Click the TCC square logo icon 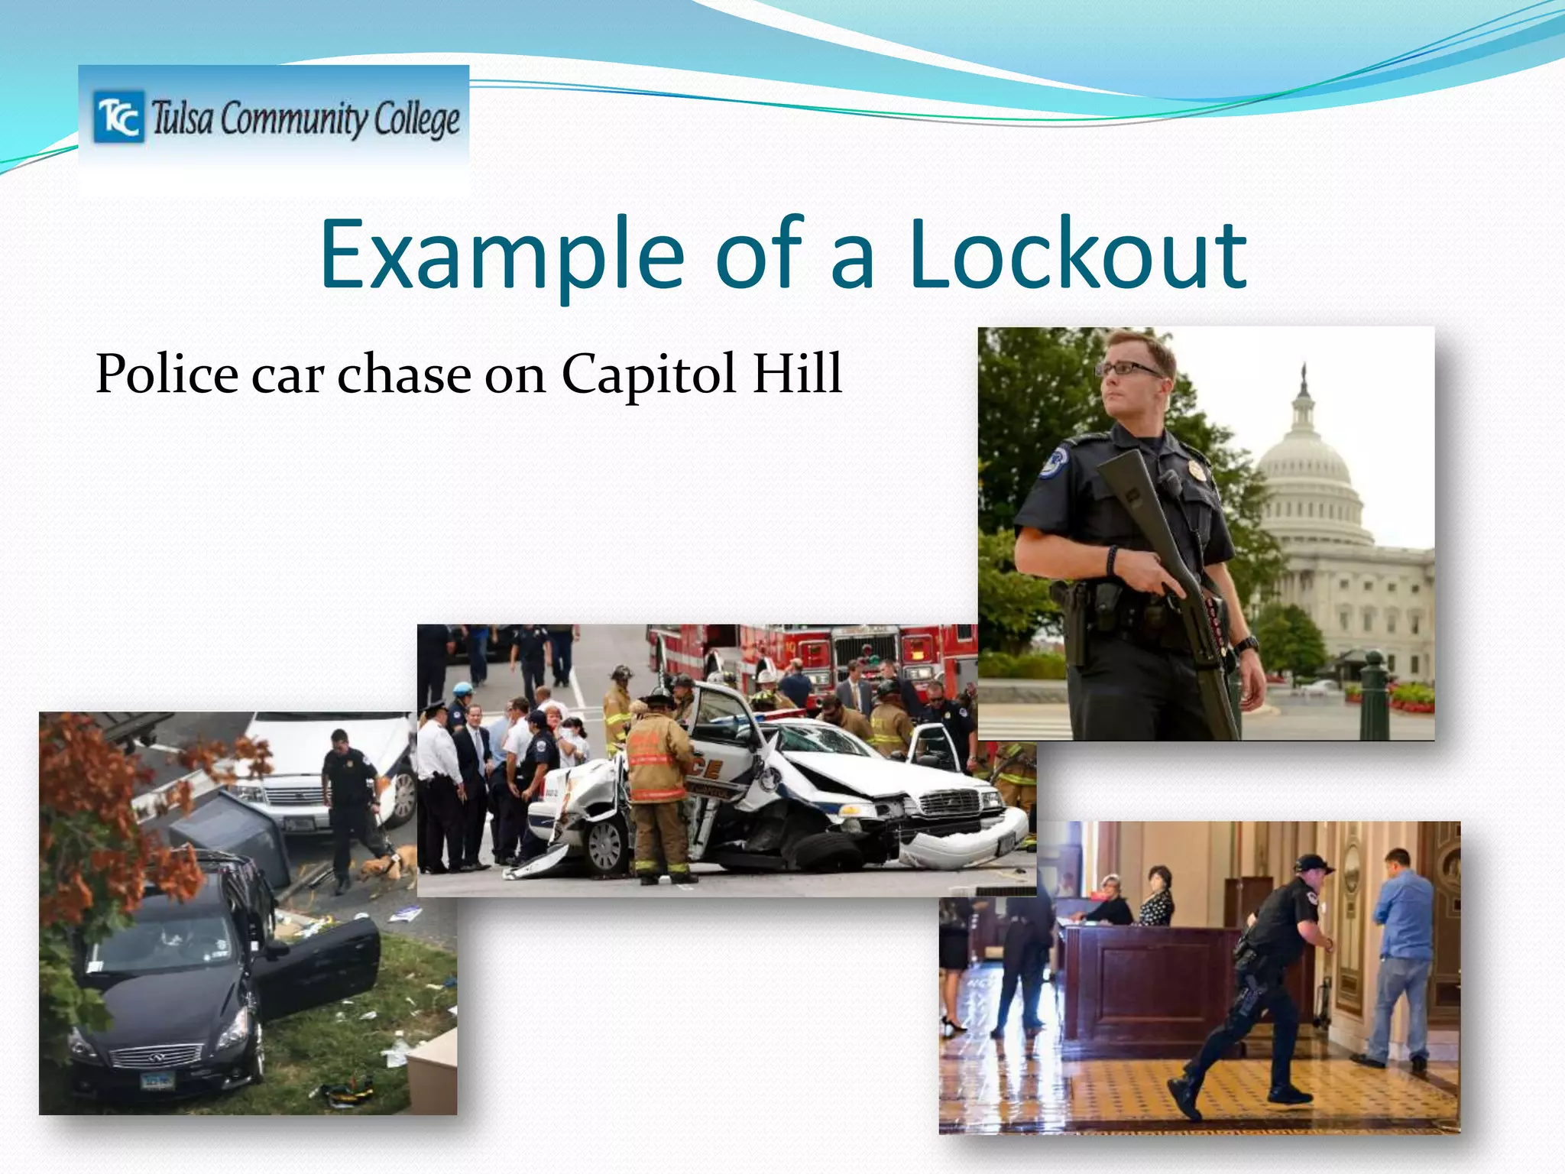tap(118, 117)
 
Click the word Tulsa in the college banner tap(182, 118)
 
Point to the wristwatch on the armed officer tap(1246, 644)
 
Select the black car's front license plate tap(158, 1080)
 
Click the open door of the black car tap(321, 967)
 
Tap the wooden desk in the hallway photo tap(1146, 986)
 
